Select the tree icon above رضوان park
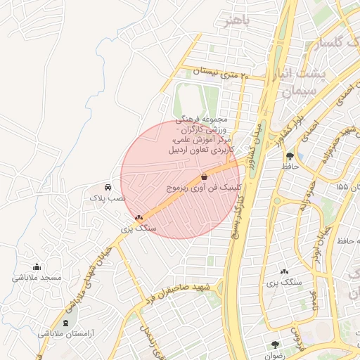click(x=274, y=345)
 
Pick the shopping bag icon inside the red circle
click(x=204, y=176)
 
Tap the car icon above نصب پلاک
click(x=107, y=188)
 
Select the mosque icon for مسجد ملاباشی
click(x=37, y=266)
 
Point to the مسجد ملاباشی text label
click(x=37, y=278)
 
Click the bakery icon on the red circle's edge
click(x=139, y=218)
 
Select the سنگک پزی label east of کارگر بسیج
click(x=285, y=282)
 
